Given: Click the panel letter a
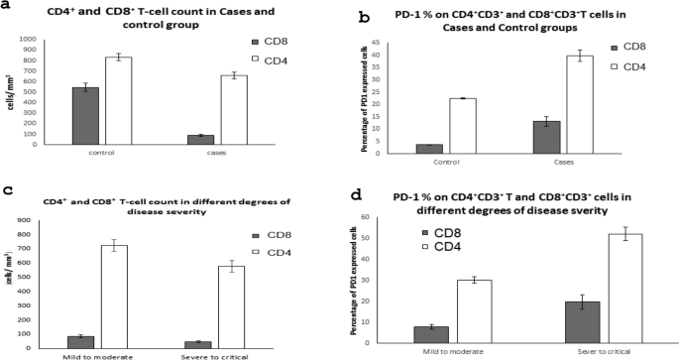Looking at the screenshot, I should coord(8,7).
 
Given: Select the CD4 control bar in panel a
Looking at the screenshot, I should coord(118,101).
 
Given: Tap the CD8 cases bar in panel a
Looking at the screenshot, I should coord(201,140).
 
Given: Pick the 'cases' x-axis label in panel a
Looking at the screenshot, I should coord(215,153).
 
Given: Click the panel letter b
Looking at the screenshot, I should coord(366,17).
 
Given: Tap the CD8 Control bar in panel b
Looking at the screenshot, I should coord(429,149).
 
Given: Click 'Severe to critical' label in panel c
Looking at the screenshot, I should coord(216,354).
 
